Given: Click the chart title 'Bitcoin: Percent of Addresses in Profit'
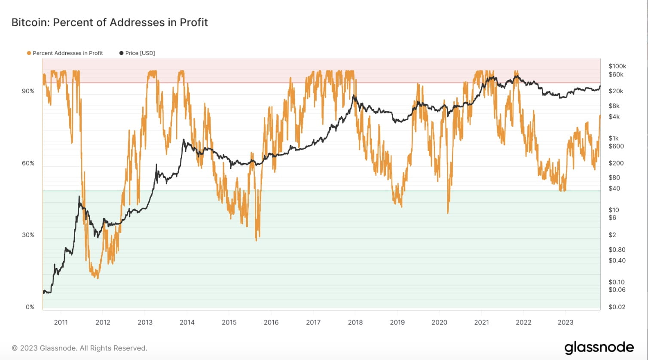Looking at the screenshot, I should (110, 22).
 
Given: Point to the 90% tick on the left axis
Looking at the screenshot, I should (28, 92).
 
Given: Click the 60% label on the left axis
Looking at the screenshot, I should (28, 163).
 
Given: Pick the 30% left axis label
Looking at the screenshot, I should (28, 235).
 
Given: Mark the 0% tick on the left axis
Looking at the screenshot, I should (30, 307).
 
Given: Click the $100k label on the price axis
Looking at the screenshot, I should (617, 66).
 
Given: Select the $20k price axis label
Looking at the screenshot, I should (616, 91).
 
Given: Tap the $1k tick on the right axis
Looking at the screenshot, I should (614, 138).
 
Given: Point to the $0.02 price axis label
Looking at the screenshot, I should (617, 307).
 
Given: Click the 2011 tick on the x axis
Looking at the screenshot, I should (61, 323).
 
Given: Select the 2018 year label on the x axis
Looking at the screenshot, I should (355, 323).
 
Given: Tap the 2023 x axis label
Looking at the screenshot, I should (565, 323).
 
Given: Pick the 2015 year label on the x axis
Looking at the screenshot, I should (229, 323).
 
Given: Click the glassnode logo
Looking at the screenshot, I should (599, 347).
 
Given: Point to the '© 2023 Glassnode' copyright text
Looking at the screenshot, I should (79, 348).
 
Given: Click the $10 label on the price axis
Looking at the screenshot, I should (614, 210).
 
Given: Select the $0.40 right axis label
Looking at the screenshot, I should (617, 260).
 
